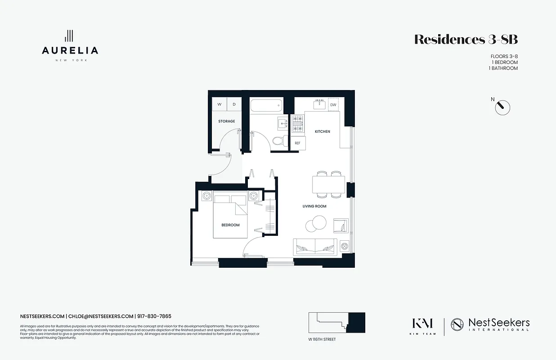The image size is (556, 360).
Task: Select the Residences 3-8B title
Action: (466, 40)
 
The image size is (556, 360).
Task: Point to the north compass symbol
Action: (502, 108)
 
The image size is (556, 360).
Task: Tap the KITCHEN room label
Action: (322, 131)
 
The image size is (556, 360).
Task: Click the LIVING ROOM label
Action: (314, 206)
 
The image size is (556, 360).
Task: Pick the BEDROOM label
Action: (230, 225)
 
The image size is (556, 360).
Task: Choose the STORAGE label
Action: (227, 121)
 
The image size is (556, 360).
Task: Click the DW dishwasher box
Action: (333, 105)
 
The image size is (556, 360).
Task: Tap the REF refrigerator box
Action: (297, 143)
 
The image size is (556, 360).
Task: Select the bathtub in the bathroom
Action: (266, 106)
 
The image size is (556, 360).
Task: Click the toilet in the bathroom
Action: (278, 140)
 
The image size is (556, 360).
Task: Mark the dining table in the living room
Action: (328, 184)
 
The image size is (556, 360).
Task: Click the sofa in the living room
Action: (315, 246)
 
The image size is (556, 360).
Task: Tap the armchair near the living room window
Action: (340, 225)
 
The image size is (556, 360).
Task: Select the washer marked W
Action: (220, 104)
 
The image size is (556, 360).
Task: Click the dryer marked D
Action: (234, 104)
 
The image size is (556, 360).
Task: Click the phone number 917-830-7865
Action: (154, 316)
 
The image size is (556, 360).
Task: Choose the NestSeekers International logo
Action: (490, 324)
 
